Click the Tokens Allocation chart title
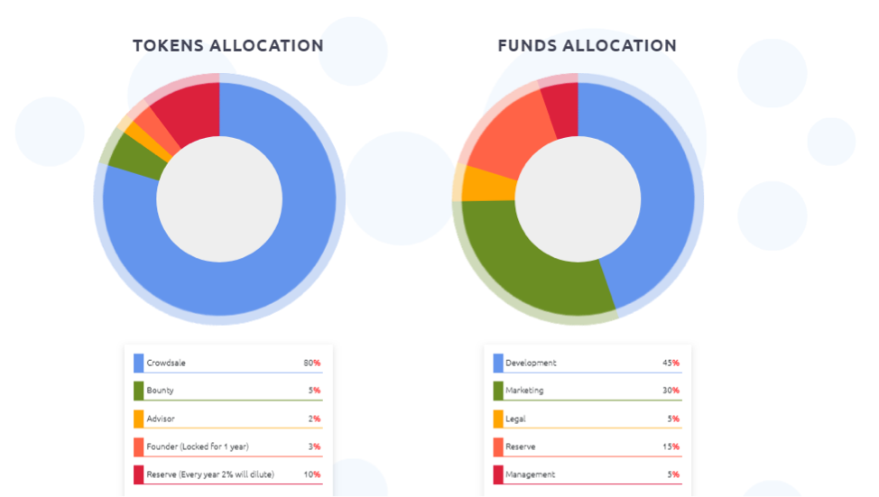point(227,46)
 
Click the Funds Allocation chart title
point(587,46)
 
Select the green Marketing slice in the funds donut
point(532,271)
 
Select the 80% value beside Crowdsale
point(312,363)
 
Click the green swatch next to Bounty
point(138,391)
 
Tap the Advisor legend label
point(161,419)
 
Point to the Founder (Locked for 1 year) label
point(197,446)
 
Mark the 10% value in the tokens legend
point(312,474)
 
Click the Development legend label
point(531,363)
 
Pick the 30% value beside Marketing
point(671,391)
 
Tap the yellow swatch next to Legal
point(498,419)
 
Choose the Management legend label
point(531,474)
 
